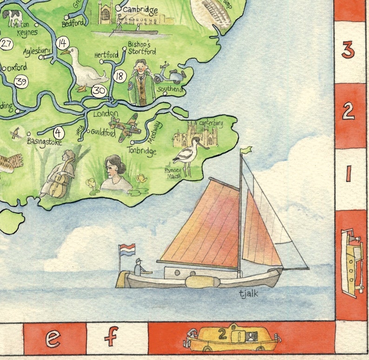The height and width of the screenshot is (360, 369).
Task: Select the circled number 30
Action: pyautogui.click(x=99, y=91)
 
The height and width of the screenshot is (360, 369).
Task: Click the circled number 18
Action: pyautogui.click(x=120, y=76)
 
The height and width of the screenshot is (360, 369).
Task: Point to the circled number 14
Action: pyautogui.click(x=62, y=44)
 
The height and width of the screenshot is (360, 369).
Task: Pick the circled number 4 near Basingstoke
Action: pyautogui.click(x=59, y=132)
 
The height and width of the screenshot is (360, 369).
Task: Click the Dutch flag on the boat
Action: pyautogui.click(x=127, y=249)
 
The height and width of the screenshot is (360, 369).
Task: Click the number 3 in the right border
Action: pyautogui.click(x=348, y=50)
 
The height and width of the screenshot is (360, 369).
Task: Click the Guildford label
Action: pyautogui.click(x=103, y=133)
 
